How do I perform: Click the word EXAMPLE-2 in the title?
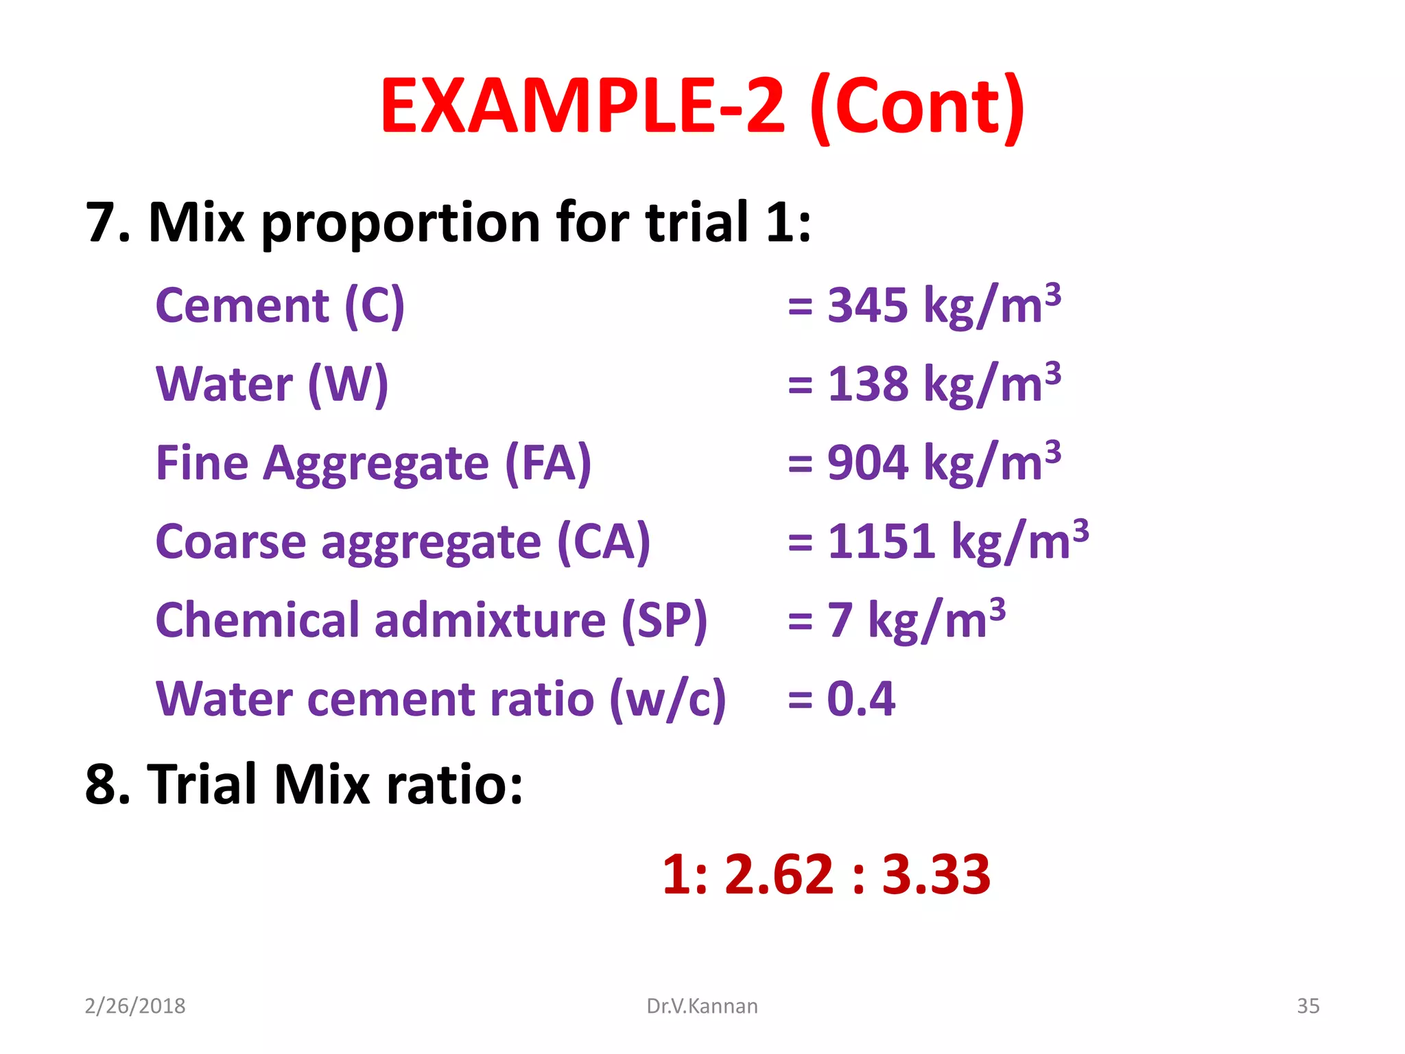[582, 106]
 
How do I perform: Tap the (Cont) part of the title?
[917, 108]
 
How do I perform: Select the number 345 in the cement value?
[867, 305]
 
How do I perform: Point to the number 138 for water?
[867, 384]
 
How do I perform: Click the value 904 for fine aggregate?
[867, 463]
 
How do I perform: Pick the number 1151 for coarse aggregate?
[881, 542]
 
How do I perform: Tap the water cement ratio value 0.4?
[861, 699]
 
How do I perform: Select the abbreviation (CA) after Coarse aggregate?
[603, 542]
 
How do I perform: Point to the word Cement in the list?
[242, 305]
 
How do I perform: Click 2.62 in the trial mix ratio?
[779, 875]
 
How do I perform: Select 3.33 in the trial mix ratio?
[936, 875]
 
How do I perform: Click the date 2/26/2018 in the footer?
[135, 1006]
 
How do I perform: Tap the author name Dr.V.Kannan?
[702, 1006]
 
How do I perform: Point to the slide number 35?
[1308, 1006]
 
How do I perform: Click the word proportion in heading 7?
[401, 223]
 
